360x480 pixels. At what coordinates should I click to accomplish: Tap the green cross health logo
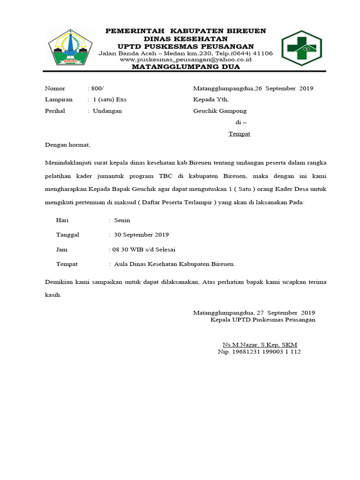pyautogui.click(x=301, y=48)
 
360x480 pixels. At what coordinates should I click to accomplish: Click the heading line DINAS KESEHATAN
pyautogui.click(x=186, y=38)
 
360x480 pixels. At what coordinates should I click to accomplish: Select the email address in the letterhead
pyautogui.click(x=186, y=60)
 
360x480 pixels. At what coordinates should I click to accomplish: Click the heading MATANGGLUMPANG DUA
pyautogui.click(x=186, y=67)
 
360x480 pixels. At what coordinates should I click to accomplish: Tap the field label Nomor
pyautogui.click(x=55, y=88)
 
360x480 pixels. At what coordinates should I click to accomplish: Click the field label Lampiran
pyautogui.click(x=58, y=99)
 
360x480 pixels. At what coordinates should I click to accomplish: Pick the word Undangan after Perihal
pyautogui.click(x=107, y=111)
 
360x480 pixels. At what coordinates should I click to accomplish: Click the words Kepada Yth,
pyautogui.click(x=211, y=99)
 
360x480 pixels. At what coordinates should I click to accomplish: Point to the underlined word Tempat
pyautogui.click(x=239, y=134)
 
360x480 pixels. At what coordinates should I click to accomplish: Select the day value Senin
pyautogui.click(x=122, y=220)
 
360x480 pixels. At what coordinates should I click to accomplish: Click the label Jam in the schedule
pyautogui.click(x=62, y=249)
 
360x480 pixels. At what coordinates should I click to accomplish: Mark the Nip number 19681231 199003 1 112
pyautogui.click(x=259, y=352)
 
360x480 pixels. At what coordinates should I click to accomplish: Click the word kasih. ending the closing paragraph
pyautogui.click(x=53, y=295)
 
